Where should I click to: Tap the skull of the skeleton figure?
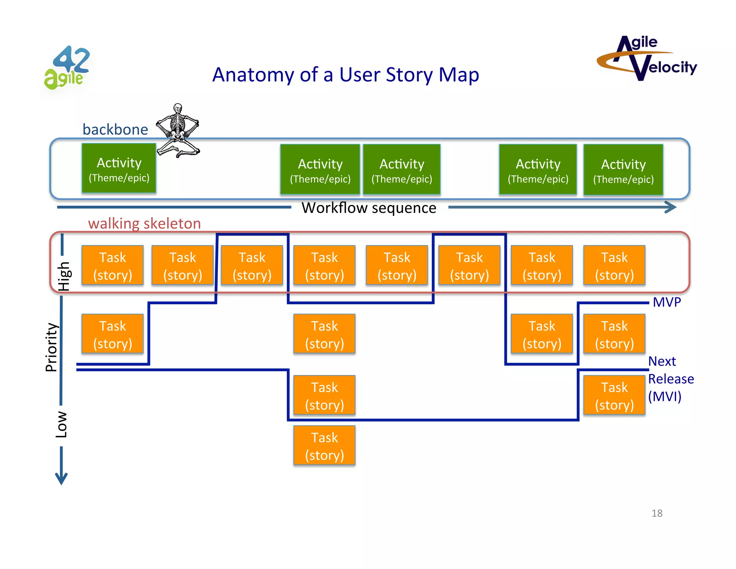point(178,108)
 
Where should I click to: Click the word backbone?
point(115,129)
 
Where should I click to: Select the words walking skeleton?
point(144,223)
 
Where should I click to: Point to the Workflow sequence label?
point(369,208)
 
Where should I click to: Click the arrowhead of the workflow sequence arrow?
point(671,207)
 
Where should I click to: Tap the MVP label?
point(667,302)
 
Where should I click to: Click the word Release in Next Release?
point(671,379)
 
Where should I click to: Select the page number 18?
point(657,513)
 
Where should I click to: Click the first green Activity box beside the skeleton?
point(119,168)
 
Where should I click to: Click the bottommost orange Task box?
point(324,446)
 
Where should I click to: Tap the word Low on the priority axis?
point(61,424)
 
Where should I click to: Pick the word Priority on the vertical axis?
point(51,347)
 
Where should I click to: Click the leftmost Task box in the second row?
point(112,334)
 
